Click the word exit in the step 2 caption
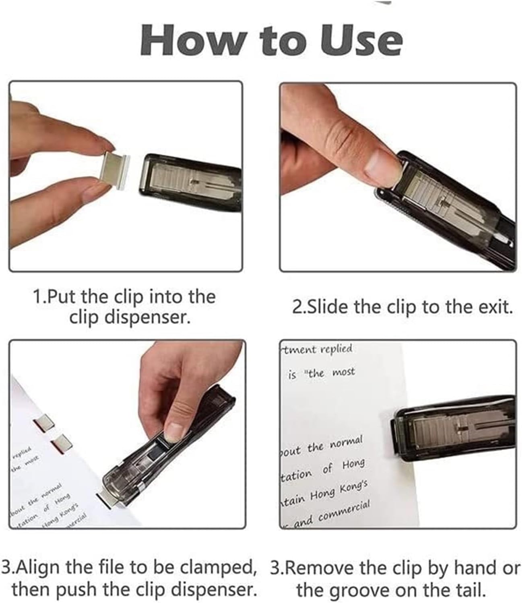493,307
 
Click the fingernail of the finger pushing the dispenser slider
176,430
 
